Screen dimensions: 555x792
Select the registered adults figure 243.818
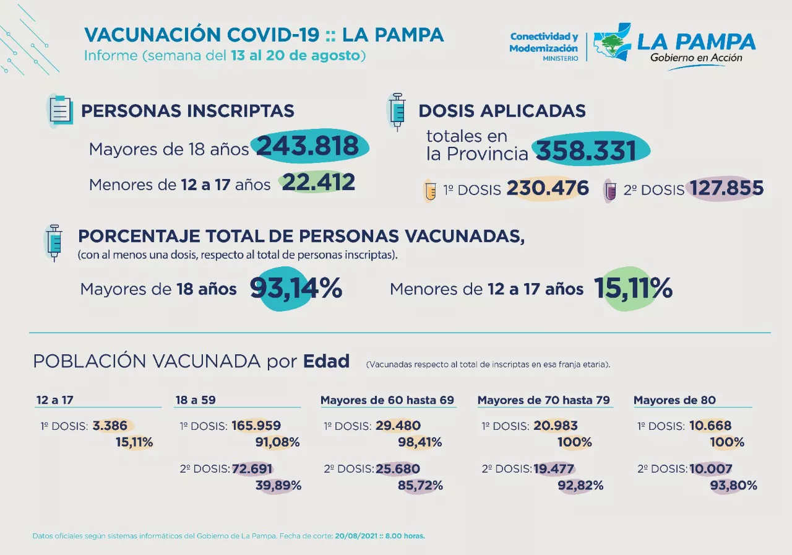(x=308, y=146)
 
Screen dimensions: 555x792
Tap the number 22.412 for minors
(x=319, y=183)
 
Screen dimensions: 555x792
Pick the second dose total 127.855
(x=726, y=189)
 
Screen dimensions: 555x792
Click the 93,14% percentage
(x=296, y=289)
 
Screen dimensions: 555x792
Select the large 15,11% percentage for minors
(x=633, y=289)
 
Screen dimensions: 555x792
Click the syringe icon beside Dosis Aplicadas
(x=396, y=111)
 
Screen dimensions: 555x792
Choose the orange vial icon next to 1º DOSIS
(x=429, y=190)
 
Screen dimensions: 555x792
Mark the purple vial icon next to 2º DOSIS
(x=609, y=191)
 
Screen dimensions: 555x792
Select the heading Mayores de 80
(x=674, y=400)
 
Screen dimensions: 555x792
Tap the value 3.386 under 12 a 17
(x=110, y=426)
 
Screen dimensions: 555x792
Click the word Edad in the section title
(x=326, y=361)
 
